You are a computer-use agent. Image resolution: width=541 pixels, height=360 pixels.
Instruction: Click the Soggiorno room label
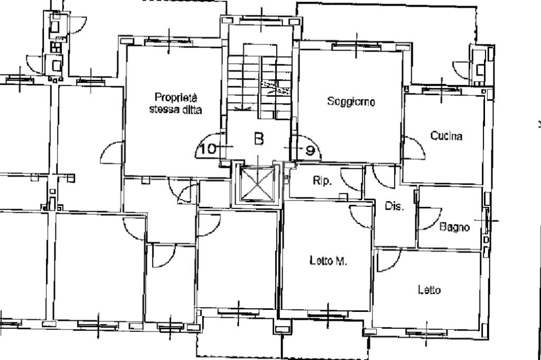click(351, 101)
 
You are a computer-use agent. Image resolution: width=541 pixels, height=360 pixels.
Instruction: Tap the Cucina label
click(446, 136)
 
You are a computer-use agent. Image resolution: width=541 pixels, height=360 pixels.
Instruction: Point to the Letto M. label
click(328, 261)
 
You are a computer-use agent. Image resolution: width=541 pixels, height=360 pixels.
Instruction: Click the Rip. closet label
click(322, 181)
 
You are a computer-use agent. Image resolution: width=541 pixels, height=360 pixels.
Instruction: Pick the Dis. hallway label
click(394, 206)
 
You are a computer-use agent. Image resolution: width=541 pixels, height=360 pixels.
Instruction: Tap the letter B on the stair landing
click(259, 139)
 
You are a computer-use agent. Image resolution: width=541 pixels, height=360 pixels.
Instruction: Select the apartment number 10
click(208, 149)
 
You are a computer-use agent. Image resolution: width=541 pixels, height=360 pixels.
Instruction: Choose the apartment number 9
click(311, 150)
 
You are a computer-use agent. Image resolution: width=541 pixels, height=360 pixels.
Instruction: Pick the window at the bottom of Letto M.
click(328, 315)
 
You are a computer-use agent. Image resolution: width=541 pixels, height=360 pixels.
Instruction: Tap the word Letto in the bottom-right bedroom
click(429, 290)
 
